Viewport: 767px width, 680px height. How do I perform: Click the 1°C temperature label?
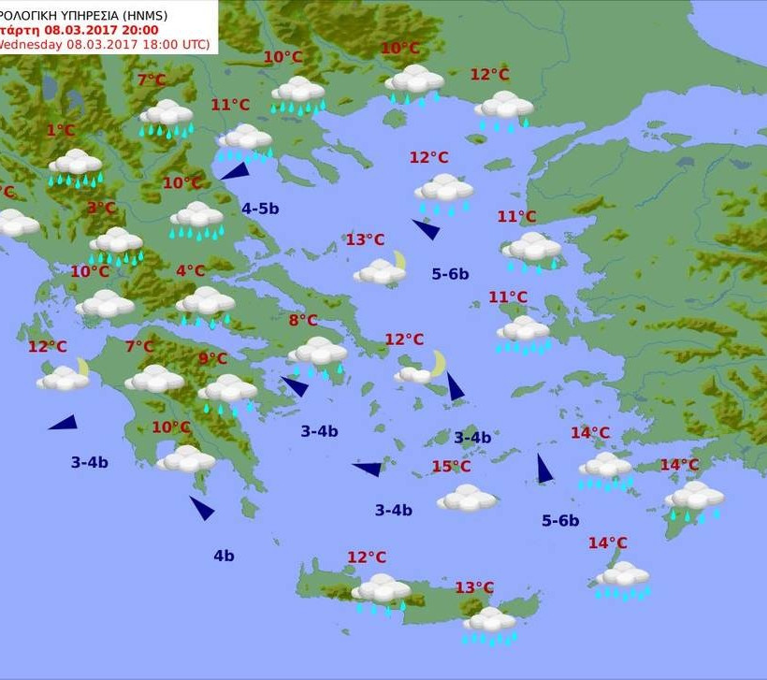tap(61, 131)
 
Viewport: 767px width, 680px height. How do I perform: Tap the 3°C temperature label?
tap(102, 208)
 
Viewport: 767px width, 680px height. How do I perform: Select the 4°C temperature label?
tap(190, 271)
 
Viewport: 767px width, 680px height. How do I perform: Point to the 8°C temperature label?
tap(303, 320)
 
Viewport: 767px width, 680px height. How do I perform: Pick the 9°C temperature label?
tap(212, 358)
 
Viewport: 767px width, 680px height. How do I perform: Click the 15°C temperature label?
tap(451, 466)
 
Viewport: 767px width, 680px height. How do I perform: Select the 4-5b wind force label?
tap(260, 209)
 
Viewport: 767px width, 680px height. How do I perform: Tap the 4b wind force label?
tap(224, 556)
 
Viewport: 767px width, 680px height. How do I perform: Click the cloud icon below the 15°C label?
tap(467, 498)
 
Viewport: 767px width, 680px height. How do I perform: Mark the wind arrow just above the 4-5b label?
tap(235, 170)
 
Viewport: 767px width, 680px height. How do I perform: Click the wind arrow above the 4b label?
tap(202, 508)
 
